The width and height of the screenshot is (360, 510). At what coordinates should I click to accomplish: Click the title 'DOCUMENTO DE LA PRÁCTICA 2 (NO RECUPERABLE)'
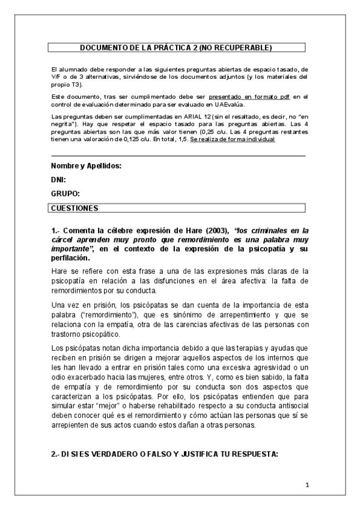pos(176,47)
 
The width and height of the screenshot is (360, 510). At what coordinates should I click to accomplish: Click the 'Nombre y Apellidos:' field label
pos(86,165)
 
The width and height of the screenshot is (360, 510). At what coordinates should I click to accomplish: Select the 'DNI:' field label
pos(58,179)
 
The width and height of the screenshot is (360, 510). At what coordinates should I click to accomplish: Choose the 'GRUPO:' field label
pos(65,194)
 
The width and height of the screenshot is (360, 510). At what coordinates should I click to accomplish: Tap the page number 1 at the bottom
pos(307,485)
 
